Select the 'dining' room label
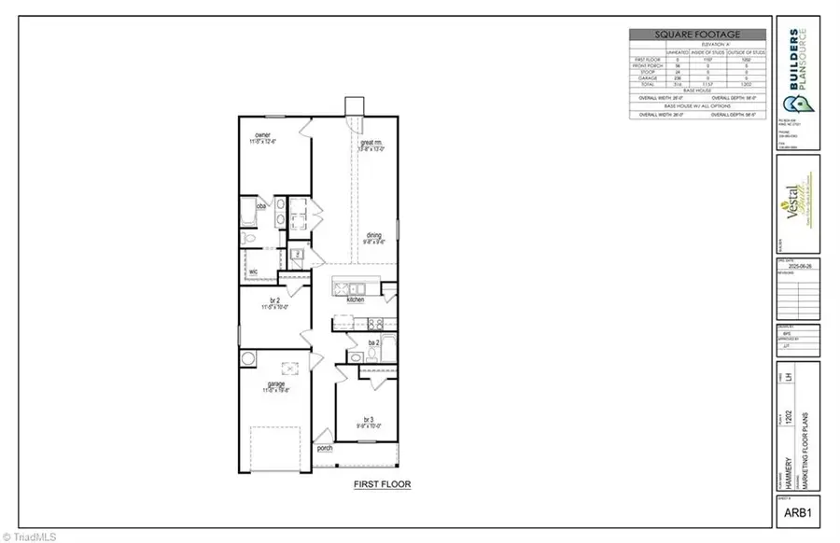pos(373,235)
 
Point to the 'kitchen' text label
pos(355,299)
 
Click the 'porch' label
pos(325,447)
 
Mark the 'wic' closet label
pos(253,271)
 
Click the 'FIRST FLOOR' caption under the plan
pos(382,484)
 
